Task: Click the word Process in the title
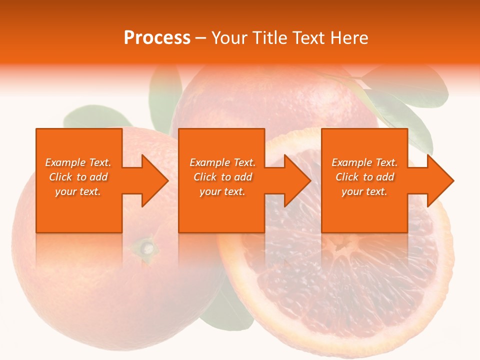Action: click(157, 38)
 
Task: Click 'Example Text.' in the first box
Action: click(78, 162)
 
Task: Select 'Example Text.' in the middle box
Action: click(222, 162)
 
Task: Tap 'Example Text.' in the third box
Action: click(364, 162)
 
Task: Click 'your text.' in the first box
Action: click(78, 191)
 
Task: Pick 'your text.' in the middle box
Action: click(222, 191)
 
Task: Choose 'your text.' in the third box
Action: click(364, 191)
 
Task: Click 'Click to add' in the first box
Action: click(78, 177)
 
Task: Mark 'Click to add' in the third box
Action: click(364, 177)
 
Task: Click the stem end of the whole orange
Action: click(146, 246)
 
